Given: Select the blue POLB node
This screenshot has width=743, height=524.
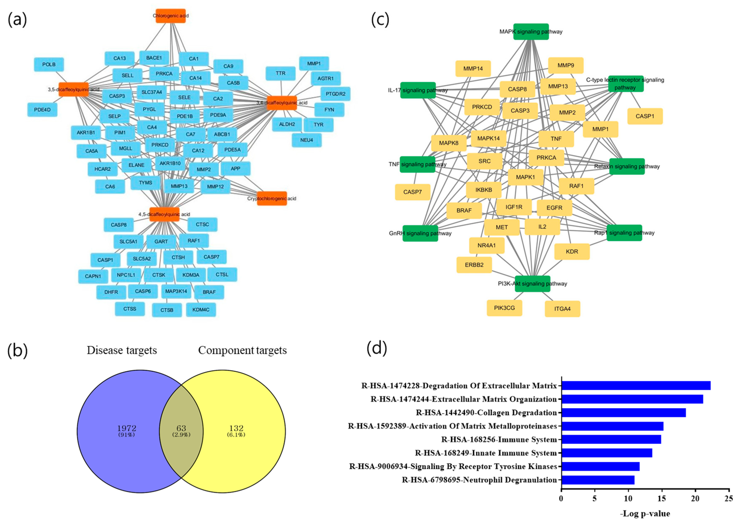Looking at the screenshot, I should click(49, 64).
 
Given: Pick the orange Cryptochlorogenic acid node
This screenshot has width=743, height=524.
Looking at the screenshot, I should click(272, 198).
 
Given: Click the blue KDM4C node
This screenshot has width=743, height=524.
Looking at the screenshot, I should click(201, 310).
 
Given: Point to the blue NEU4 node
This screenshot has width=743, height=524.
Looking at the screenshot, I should click(307, 140).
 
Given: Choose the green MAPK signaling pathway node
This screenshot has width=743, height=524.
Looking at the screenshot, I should click(531, 32).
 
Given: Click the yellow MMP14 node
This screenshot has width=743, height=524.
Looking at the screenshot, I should click(473, 69).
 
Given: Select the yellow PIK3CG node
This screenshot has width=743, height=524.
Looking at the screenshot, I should click(504, 308).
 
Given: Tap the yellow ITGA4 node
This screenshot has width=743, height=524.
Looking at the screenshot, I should click(562, 309).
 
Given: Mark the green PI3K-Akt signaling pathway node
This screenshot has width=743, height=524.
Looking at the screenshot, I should click(532, 284).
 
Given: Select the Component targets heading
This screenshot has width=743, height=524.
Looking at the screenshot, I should click(242, 350).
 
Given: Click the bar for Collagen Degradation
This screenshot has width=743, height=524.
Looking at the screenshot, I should click(624, 413).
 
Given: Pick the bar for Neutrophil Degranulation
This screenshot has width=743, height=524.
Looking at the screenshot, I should click(598, 480).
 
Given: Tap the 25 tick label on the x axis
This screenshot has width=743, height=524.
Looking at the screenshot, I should click(729, 498).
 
